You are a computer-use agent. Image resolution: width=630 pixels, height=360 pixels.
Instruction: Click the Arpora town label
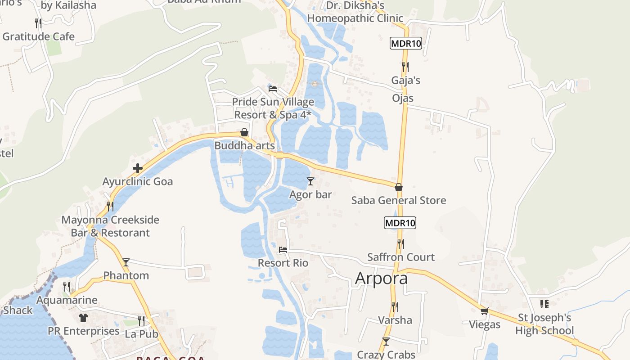(381, 278)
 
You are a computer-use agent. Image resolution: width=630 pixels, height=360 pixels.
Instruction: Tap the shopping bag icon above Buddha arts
(244, 132)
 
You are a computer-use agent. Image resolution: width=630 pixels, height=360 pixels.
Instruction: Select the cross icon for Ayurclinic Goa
(138, 169)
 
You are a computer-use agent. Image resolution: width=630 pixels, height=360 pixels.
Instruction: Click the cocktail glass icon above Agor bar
(310, 181)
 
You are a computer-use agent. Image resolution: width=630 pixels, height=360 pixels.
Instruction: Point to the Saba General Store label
(399, 200)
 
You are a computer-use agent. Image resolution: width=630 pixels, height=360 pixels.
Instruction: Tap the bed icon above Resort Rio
(283, 249)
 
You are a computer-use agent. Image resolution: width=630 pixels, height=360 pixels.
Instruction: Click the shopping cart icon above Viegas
(485, 311)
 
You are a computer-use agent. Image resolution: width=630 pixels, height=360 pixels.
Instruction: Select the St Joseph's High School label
(544, 324)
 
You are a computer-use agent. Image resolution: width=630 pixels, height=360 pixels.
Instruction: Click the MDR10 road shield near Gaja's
(406, 44)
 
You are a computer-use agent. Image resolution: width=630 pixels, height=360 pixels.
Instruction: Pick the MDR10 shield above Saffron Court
(400, 222)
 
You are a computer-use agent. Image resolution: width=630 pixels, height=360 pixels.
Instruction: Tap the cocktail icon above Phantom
(126, 262)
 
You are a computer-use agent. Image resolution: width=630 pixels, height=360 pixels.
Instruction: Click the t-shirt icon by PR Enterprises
(83, 318)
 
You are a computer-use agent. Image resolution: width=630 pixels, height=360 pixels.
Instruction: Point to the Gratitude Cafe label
(39, 36)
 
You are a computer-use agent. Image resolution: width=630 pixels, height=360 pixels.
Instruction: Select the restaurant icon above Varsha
(395, 307)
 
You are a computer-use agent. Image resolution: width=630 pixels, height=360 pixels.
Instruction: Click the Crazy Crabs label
(386, 355)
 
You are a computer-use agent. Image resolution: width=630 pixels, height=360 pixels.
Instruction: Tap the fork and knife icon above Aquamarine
(67, 287)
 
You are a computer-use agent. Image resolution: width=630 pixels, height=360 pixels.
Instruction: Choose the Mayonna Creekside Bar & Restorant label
(110, 226)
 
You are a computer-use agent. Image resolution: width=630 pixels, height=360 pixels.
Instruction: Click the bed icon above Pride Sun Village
(272, 88)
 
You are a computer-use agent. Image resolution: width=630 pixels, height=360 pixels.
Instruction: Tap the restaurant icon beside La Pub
(141, 321)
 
